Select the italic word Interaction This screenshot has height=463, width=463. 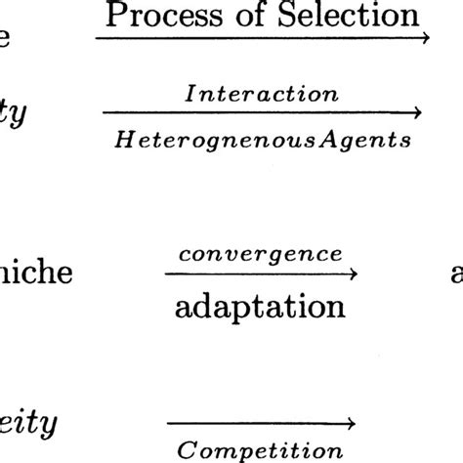261,95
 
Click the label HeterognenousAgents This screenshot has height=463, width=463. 261,141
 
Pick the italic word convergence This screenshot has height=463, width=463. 260,253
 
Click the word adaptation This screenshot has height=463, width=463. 260,307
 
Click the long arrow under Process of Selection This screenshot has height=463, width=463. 262,39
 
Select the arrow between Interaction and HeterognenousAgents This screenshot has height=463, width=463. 262,114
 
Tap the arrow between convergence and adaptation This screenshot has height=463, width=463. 260,274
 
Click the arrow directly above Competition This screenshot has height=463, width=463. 260,423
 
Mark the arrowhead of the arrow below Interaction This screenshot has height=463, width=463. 418,114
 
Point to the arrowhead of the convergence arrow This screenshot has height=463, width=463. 352,274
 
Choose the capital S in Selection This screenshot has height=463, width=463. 286,15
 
